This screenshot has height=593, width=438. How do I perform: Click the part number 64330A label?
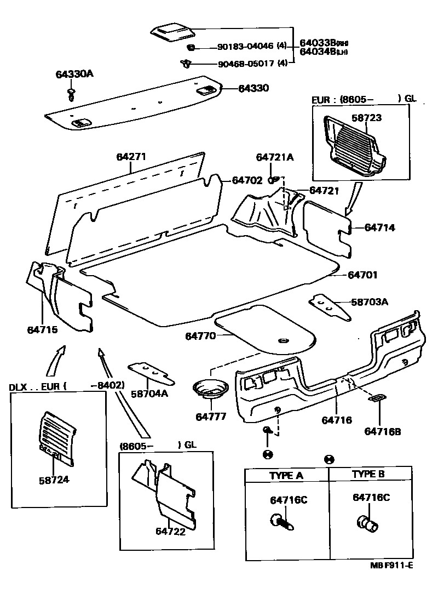[x=74, y=75]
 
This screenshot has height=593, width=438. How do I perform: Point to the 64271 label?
[x=131, y=157]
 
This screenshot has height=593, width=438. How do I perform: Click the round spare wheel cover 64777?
[x=209, y=389]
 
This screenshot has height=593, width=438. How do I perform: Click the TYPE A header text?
[x=286, y=475]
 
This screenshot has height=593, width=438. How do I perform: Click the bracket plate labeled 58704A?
[x=151, y=374]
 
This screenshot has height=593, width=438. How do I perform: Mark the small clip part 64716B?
[x=377, y=400]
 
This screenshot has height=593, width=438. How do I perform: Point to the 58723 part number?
[x=366, y=118]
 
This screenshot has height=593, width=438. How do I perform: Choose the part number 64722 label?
[x=170, y=531]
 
